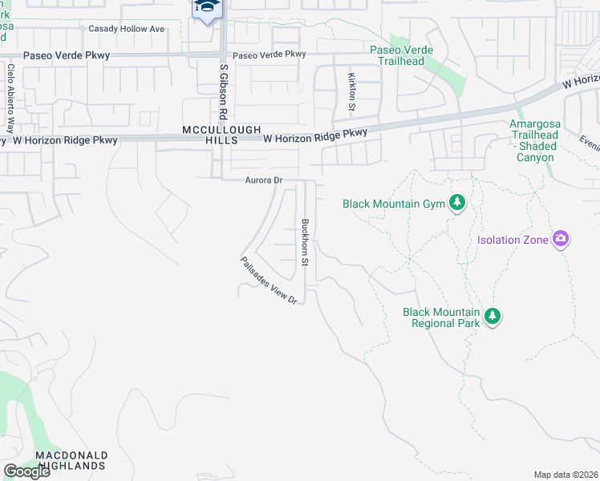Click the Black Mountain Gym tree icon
[457, 203]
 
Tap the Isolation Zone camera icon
[560, 239]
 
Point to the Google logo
[26, 471]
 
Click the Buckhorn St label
[305, 243]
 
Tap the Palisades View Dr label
[270, 280]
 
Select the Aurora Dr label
[264, 181]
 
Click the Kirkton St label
[351, 91]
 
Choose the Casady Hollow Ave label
[126, 29]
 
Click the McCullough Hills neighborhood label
[210, 135]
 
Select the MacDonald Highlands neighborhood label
[71, 459]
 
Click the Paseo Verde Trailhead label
[401, 55]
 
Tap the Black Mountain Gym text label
[394, 204]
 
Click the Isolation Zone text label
[513, 240]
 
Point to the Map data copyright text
[566, 475]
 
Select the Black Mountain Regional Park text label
[440, 317]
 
